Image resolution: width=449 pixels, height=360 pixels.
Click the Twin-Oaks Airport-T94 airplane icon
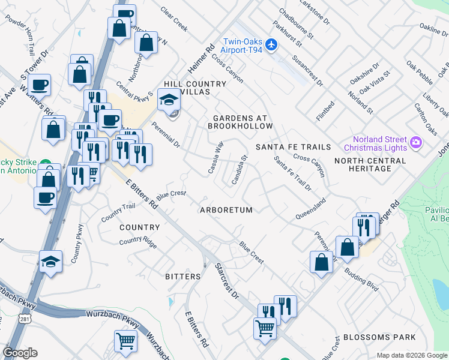coord(271,44)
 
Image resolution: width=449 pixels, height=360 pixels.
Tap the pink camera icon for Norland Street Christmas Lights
coord(415,143)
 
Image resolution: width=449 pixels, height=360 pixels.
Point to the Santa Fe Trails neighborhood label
coord(293,147)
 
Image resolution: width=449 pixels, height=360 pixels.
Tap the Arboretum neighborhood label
coord(226,210)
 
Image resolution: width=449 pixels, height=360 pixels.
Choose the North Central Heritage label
coord(370,165)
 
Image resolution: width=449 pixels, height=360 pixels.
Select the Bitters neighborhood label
coord(182,277)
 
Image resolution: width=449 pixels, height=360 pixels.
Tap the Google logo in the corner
coord(20,353)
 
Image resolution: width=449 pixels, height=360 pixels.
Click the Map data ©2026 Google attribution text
coord(411,355)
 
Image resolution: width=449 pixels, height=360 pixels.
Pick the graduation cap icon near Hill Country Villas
coord(169,100)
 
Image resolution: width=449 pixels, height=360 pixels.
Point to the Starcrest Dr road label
coord(226,280)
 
